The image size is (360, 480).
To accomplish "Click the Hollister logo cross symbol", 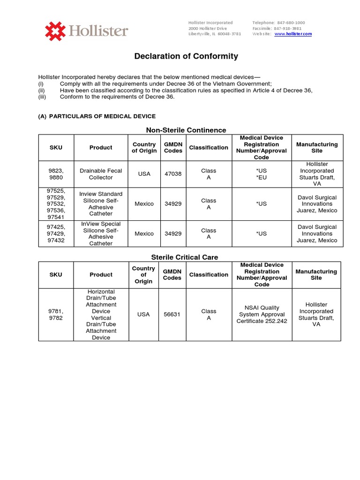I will coord(55,31).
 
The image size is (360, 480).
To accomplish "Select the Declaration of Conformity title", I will coord(186,56).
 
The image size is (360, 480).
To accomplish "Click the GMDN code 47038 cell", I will coord(173,174).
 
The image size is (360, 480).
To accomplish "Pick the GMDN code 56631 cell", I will coord(172,315).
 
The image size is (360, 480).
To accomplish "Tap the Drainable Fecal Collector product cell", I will coord(101,174).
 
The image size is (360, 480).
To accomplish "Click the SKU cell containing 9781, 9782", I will coord(56,315).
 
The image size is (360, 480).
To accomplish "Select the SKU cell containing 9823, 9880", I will coord(56,174).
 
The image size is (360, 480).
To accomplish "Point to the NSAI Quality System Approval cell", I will coord(262,315).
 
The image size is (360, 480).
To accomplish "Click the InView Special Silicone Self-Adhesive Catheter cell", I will coord(101,233).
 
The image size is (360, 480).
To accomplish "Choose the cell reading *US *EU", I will coord(262,174).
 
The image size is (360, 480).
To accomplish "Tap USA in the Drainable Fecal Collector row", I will coord(144,174).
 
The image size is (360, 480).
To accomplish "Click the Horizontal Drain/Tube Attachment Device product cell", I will coord(101,315).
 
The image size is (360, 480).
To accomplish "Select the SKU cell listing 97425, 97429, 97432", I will coord(56,233).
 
